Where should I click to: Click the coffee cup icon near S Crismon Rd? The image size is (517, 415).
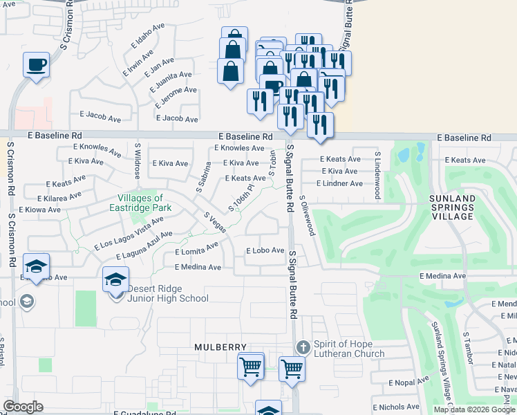coord(35,65)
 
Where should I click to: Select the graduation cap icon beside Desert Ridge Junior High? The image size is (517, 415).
coord(116,280)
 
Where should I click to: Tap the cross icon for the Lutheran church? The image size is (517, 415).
coord(301,347)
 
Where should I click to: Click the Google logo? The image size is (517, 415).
coord(23,407)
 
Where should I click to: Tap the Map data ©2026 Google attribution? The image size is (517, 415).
coord(473,409)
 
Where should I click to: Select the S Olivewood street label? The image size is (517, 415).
coord(308,215)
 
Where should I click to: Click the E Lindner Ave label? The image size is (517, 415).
coord(339,183)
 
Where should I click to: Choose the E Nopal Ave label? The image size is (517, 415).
coord(409,382)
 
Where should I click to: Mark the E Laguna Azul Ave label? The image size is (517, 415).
coord(144,246)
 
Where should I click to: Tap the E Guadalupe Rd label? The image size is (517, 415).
coord(144,413)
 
